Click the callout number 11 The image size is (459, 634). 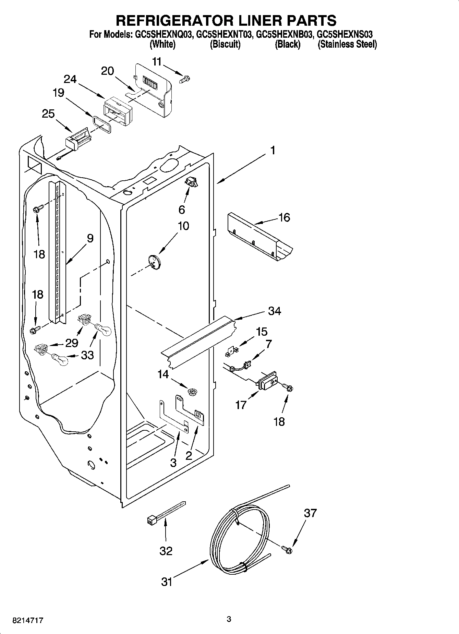pyautogui.click(x=157, y=62)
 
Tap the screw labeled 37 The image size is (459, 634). pyautogui.click(x=288, y=549)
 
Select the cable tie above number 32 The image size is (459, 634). pyautogui.click(x=165, y=513)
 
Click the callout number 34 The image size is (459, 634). pyautogui.click(x=275, y=311)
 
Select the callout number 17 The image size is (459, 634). pyautogui.click(x=241, y=405)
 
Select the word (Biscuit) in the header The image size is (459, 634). pyautogui.click(x=225, y=44)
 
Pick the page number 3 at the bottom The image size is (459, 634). pyautogui.click(x=229, y=619)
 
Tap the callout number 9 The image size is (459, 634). pyautogui.click(x=90, y=238)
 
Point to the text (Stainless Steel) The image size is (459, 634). pyautogui.click(x=347, y=44)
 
